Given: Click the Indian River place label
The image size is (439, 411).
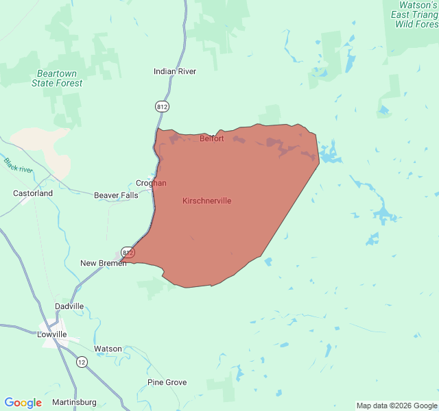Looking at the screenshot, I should pyautogui.click(x=175, y=71).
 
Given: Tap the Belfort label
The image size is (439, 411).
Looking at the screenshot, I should pyautogui.click(x=211, y=138).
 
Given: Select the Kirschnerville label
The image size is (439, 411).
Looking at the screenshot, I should pyautogui.click(x=206, y=201).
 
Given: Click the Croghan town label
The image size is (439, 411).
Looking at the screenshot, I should pyautogui.click(x=151, y=183).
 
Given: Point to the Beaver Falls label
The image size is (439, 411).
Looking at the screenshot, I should pyautogui.click(x=116, y=195).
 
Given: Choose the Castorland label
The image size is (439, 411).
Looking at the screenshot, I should pyautogui.click(x=33, y=193).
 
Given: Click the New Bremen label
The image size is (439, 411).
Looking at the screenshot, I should pyautogui.click(x=103, y=263).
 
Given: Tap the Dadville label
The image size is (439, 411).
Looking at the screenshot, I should pyautogui.click(x=69, y=306).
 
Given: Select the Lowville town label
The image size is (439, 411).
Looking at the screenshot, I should pyautogui.click(x=52, y=334).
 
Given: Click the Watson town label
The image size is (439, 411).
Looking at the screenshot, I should pyautogui.click(x=108, y=349).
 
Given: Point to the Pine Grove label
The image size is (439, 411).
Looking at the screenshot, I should pyautogui.click(x=167, y=382).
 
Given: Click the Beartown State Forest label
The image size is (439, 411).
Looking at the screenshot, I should pyautogui.click(x=57, y=78).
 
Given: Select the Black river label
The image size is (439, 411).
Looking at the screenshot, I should pyautogui.click(x=18, y=165).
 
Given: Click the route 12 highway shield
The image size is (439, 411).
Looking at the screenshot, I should pyautogui.click(x=82, y=362).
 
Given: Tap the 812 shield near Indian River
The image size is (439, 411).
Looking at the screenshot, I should pyautogui.click(x=162, y=106).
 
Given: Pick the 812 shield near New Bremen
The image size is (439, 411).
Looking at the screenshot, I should pyautogui.click(x=128, y=252).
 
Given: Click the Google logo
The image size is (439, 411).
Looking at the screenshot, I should pyautogui.click(x=23, y=403).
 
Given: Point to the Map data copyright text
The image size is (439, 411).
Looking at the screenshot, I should pyautogui.click(x=396, y=406).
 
